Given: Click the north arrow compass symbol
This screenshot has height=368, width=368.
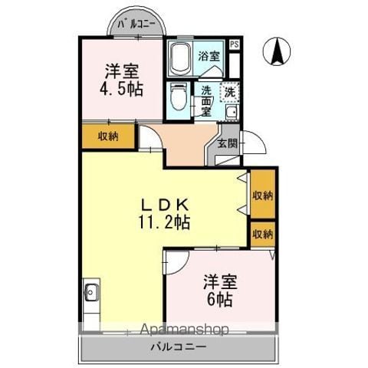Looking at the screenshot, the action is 277,51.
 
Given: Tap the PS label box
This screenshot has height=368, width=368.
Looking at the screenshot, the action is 234,44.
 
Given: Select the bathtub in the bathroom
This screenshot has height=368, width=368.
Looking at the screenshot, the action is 180,58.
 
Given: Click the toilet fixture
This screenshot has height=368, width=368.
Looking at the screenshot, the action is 179,97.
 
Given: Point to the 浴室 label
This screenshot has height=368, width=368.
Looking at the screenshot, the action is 209,56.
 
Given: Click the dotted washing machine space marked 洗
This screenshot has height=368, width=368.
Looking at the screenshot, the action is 229,92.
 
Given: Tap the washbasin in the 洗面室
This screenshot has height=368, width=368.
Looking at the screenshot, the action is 232,112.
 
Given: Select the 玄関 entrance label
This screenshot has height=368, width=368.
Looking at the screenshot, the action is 227,143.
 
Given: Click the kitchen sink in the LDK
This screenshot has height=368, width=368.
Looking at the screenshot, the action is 91,293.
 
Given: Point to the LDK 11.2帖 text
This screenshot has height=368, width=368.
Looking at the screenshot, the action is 164,213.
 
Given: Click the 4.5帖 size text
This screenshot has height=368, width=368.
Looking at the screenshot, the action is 121,90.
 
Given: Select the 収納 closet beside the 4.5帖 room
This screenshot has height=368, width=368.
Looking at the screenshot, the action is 108,136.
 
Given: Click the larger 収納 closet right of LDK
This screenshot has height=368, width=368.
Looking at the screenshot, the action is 263,195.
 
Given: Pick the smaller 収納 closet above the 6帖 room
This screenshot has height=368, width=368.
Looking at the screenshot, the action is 263,234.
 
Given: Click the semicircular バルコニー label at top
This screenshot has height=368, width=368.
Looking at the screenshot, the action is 136,25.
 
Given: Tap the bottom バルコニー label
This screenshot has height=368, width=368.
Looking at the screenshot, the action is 178,347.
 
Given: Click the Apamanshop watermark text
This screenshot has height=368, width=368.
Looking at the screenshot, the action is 185,330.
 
